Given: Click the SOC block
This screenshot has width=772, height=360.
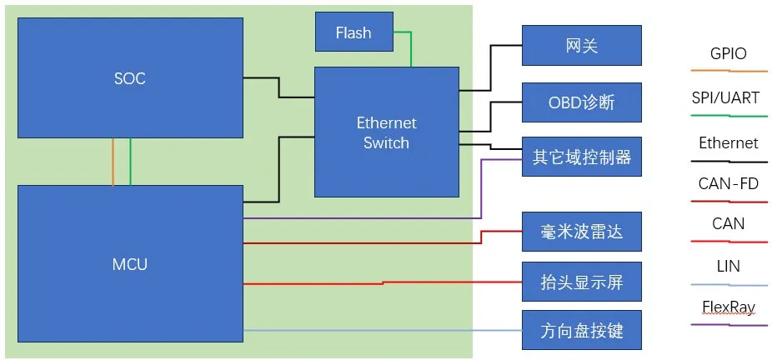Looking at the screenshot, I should point(129,78).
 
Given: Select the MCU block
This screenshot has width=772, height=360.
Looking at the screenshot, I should point(129,263).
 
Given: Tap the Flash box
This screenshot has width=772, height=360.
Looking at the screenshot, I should point(353,33).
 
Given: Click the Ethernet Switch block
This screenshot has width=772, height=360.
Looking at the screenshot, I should point(386,132).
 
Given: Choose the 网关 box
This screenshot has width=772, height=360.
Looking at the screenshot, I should point(581,46).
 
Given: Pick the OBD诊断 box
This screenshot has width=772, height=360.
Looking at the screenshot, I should point(581,102).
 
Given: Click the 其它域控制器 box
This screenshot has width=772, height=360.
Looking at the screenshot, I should point(581,157).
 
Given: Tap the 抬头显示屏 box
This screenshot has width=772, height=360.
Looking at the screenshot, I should point(581,282).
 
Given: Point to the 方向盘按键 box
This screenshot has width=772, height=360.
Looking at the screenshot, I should point(581,331).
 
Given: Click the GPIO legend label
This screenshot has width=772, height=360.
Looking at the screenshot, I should point(728,54).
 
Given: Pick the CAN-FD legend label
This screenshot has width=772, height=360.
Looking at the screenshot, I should point(728,183).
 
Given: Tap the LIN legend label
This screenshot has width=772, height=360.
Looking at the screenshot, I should point(728,267).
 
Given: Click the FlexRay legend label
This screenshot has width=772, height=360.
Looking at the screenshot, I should point(728,307).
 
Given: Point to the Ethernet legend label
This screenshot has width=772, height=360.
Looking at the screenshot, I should point(728,142).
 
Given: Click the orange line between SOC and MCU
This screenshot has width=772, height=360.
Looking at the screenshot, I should point(113,162).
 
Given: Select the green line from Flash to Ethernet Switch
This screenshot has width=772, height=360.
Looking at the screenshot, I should point(410,48).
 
